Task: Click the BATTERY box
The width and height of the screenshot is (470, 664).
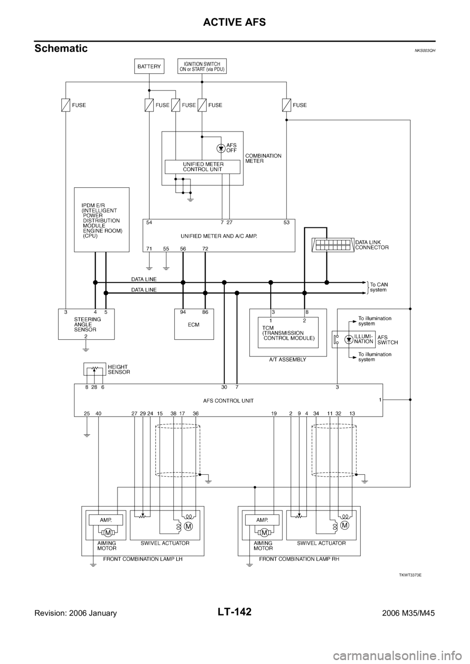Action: (149, 66)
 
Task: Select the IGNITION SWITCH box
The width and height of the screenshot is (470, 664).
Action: (202, 66)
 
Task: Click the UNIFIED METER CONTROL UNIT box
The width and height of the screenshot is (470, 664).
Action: (203, 167)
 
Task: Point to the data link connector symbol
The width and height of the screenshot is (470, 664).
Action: (332, 245)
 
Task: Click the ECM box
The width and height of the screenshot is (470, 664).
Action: (194, 324)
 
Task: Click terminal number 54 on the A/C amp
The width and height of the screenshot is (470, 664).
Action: (149, 222)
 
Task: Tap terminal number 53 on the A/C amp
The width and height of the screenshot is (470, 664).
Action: (286, 222)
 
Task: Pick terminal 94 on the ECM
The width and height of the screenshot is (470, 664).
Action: (183, 311)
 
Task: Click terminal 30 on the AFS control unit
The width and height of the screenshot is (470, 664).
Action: (224, 387)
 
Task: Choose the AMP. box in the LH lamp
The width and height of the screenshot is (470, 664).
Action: (106, 520)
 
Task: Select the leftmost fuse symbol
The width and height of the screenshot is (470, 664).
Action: (65, 105)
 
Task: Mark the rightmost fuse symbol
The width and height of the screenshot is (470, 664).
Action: (286, 105)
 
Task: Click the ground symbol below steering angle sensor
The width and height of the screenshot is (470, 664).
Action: (86, 348)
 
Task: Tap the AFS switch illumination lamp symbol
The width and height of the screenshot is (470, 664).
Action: (349, 339)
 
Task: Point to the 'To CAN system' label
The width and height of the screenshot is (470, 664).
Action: (378, 287)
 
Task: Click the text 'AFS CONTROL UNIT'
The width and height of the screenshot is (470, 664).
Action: (228, 400)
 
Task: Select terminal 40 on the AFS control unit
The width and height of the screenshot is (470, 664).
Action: (98, 413)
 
